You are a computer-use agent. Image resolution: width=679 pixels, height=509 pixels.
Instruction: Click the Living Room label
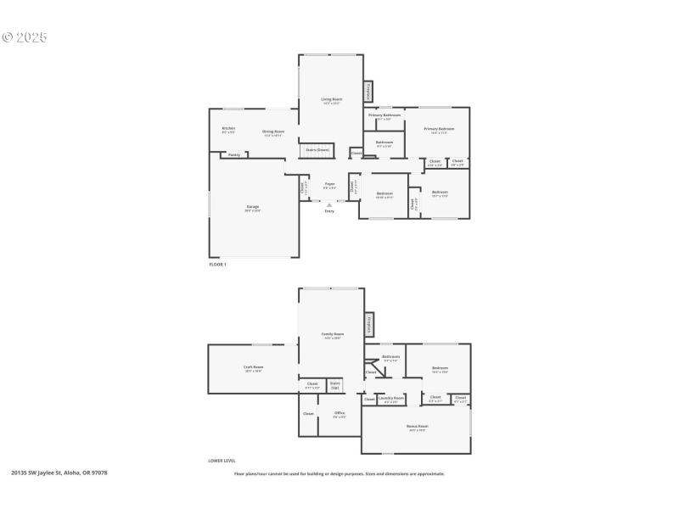coord(330,100)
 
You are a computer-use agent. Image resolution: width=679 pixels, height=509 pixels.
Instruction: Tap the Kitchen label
coord(228,129)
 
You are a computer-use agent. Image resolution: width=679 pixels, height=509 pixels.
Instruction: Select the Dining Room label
coord(273,131)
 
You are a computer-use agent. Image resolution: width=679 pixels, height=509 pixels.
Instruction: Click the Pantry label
coord(234,155)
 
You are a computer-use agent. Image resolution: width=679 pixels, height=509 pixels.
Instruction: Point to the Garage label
coord(253,207)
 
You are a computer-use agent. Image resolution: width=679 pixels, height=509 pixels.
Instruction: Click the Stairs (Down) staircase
coord(318,150)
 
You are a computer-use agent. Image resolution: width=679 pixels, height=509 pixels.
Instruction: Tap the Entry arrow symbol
coord(329,204)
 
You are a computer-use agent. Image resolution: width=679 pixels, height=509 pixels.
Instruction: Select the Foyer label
coord(329,184)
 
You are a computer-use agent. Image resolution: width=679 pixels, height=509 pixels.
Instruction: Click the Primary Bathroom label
coord(384,115)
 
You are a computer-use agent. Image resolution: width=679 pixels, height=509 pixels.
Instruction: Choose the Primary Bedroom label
coord(439,130)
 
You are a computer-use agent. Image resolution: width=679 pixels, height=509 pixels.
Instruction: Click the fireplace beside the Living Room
coord(368,92)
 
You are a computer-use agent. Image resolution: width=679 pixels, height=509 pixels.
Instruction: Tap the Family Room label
coord(332,335)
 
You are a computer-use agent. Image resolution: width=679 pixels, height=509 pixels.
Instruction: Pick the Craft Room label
coord(253,368)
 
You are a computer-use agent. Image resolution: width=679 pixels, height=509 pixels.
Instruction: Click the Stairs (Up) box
coord(335,385)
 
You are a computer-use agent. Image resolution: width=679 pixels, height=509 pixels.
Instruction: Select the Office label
coord(339,414)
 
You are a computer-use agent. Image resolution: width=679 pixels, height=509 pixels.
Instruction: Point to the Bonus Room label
coord(417,427)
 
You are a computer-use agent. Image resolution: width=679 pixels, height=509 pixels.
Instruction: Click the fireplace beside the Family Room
coord(368,324)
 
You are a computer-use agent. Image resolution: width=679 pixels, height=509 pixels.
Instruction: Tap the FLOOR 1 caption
coord(218,265)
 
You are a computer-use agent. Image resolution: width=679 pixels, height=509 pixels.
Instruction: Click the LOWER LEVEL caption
coord(222,461)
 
